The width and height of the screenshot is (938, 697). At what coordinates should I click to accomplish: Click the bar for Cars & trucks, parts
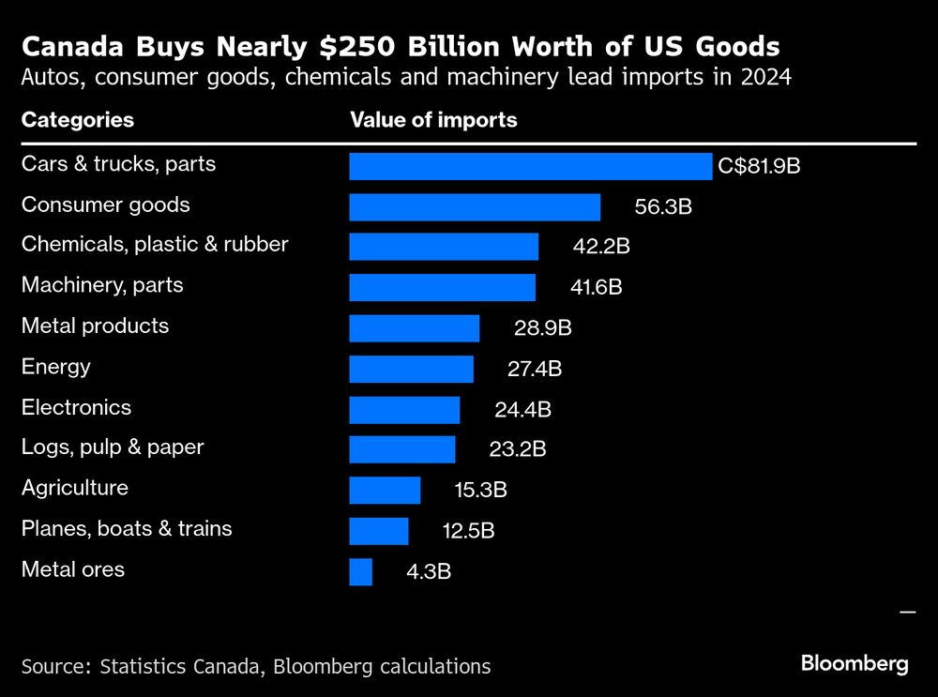(x=530, y=167)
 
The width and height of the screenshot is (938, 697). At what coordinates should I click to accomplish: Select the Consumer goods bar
(x=475, y=207)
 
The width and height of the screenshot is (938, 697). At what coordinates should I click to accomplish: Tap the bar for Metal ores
(x=360, y=572)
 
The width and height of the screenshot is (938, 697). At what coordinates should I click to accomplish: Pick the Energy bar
(x=411, y=370)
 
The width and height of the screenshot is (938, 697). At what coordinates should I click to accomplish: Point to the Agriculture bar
(x=385, y=491)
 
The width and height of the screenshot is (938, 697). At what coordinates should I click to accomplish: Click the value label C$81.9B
(x=759, y=167)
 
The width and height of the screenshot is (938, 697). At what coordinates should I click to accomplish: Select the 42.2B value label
(x=601, y=248)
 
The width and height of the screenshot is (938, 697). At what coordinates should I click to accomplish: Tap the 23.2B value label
(x=518, y=450)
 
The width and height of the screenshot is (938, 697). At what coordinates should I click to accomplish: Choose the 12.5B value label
(x=468, y=531)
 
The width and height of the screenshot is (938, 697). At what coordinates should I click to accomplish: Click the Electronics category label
(x=76, y=408)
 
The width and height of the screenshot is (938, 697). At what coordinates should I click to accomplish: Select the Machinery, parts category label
(x=102, y=285)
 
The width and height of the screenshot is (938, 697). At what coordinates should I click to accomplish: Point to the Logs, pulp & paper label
(x=113, y=448)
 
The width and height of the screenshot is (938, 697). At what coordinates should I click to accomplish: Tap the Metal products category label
(x=95, y=326)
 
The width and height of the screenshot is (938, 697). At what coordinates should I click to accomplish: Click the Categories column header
(x=78, y=120)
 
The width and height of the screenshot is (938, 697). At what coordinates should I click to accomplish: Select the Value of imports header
(x=433, y=120)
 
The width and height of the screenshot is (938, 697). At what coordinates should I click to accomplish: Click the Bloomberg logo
(x=855, y=664)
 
